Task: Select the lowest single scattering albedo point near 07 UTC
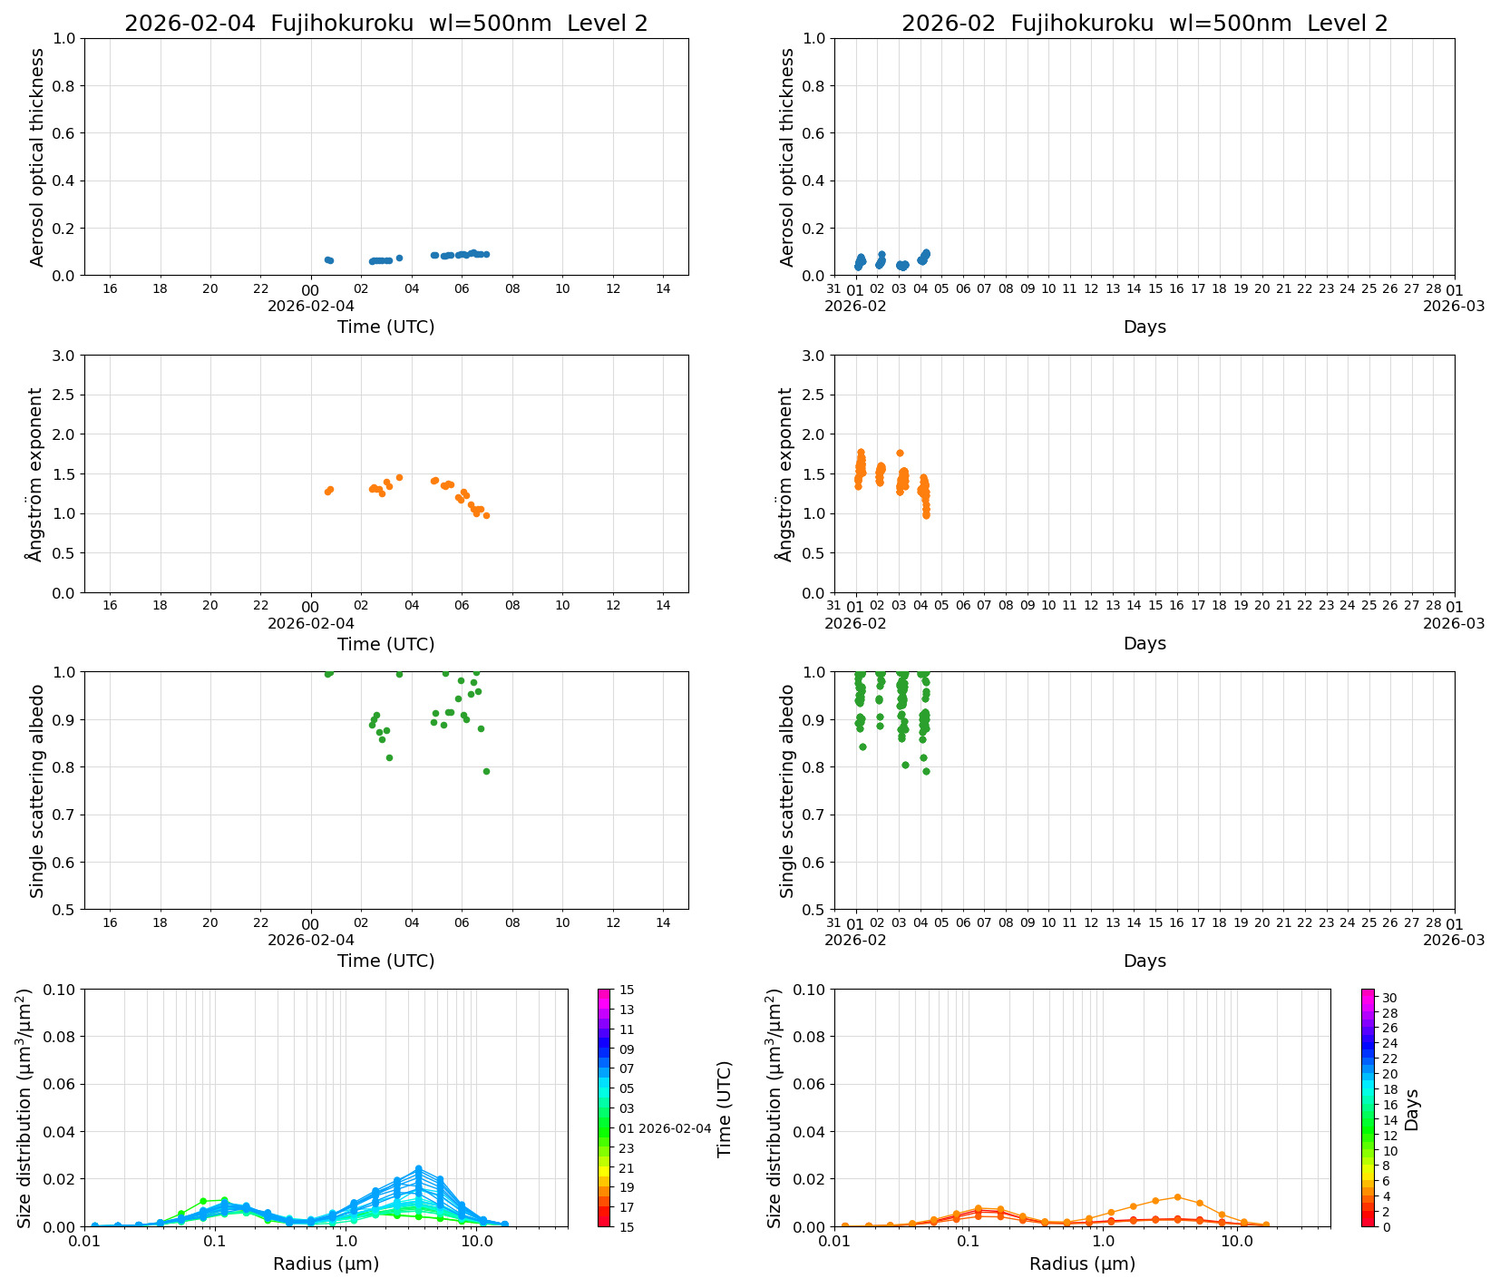pyautogui.click(x=486, y=771)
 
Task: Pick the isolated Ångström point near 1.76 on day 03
pyautogui.click(x=900, y=453)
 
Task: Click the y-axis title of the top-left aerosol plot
pyautogui.click(x=37, y=157)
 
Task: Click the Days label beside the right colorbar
pyautogui.click(x=1412, y=1108)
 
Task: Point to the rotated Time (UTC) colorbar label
pyautogui.click(x=724, y=1108)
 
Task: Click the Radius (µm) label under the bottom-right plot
pyautogui.click(x=1082, y=1264)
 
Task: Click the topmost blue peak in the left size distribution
pyautogui.click(x=418, y=1168)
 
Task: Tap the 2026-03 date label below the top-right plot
pyautogui.click(x=1454, y=306)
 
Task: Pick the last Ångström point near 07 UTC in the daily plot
pyautogui.click(x=486, y=515)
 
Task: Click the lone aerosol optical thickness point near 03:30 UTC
pyautogui.click(x=399, y=258)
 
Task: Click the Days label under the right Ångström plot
pyautogui.click(x=1144, y=643)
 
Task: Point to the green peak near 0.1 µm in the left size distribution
pyautogui.click(x=224, y=1200)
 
